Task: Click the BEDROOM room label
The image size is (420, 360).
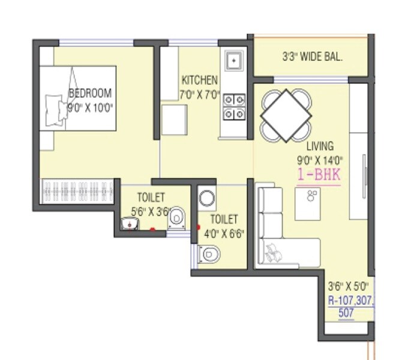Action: tap(91, 94)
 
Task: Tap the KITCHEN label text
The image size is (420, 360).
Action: tap(200, 80)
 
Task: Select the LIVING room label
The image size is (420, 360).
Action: tap(320, 146)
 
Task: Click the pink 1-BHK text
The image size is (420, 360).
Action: tap(319, 176)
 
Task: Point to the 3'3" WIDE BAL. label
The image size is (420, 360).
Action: tap(312, 58)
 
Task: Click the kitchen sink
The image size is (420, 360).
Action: tap(233, 61)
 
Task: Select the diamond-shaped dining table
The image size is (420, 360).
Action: tap(286, 115)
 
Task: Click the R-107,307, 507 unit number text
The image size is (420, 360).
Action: tap(350, 306)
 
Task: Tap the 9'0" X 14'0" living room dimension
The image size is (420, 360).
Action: tap(320, 160)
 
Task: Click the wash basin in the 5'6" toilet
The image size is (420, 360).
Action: tap(130, 225)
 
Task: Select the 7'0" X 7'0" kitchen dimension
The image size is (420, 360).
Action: tap(200, 95)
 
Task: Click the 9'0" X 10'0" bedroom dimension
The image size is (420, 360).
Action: tap(91, 107)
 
